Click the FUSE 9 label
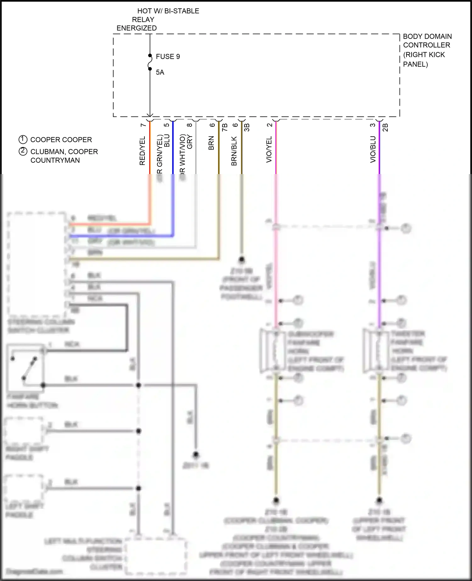(168, 57)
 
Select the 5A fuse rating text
(160, 72)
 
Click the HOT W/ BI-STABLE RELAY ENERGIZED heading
(157, 20)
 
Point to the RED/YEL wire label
(142, 151)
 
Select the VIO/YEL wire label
(269, 149)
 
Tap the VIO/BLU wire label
(373, 149)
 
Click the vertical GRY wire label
(189, 142)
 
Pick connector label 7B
(225, 127)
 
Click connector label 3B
(247, 127)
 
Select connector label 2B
(385, 127)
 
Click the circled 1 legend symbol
(23, 139)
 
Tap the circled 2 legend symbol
(23, 151)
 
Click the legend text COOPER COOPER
(61, 140)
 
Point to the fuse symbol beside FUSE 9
(150, 62)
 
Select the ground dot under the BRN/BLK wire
(242, 260)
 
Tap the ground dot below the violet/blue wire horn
(379, 500)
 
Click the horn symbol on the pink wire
(275, 350)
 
